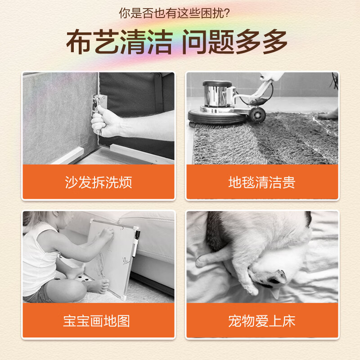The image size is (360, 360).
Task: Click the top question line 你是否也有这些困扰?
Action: point(175,14)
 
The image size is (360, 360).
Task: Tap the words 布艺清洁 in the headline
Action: point(119,43)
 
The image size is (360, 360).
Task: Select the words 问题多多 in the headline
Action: point(234,43)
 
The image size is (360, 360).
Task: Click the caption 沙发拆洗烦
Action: point(98,183)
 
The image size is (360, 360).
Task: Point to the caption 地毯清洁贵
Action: point(262,183)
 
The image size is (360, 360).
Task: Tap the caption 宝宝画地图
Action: point(98,321)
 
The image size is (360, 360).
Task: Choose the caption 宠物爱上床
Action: point(262,321)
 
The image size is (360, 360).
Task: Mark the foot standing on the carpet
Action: point(328,114)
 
